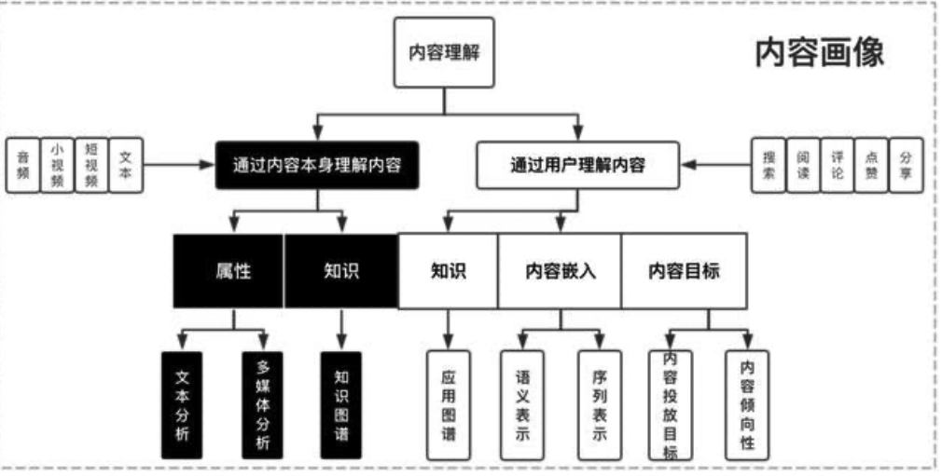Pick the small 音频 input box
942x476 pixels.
coord(22,167)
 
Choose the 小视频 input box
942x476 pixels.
coord(57,167)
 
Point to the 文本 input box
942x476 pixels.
coord(126,167)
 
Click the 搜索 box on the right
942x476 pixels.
coord(769,167)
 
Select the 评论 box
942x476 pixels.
coord(838,167)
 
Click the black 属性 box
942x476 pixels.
coord(229,271)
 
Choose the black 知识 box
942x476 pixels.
coord(340,271)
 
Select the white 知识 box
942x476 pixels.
coord(448,271)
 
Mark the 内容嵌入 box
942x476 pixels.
coord(560,271)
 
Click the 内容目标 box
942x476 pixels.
coord(684,271)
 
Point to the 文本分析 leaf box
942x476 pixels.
coord(182,404)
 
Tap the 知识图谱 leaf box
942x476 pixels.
coord(341,404)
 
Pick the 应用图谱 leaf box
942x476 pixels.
coord(449,404)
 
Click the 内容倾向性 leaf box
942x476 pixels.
coord(747,404)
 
